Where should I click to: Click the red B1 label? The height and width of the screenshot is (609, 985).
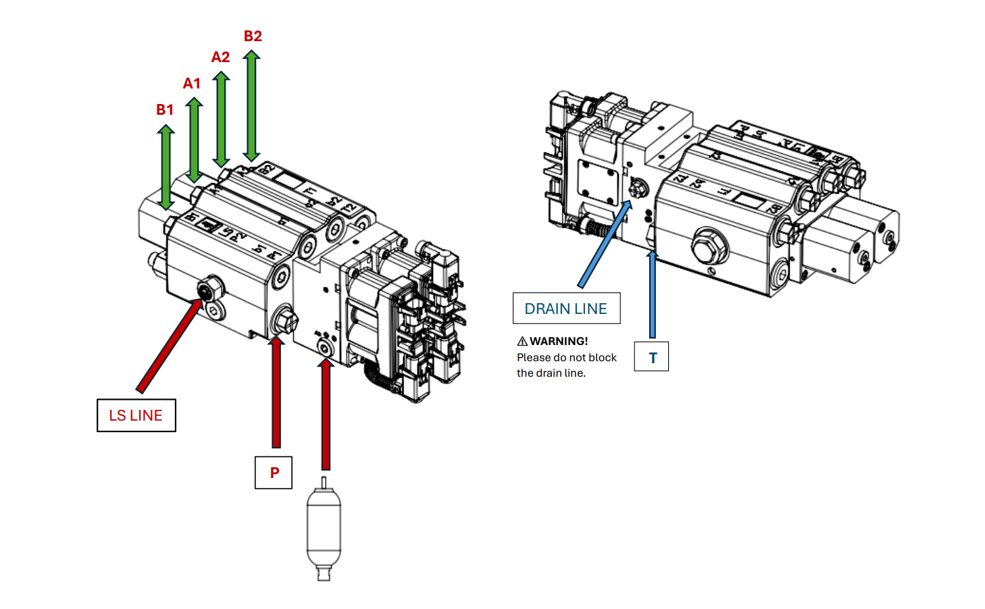(165, 109)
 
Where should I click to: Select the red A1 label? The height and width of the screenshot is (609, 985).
(192, 83)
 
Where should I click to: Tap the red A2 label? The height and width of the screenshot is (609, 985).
(220, 57)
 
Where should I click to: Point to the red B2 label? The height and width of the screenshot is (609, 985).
(253, 36)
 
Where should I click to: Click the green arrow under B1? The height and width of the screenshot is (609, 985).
(166, 167)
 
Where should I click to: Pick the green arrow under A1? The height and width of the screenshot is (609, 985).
(194, 140)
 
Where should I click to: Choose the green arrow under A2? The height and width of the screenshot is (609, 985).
(221, 119)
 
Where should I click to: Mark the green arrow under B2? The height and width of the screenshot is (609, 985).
(251, 105)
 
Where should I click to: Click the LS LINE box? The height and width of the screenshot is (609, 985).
(136, 415)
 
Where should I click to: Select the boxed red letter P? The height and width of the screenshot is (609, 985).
(274, 473)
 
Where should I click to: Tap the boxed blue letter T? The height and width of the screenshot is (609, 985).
(652, 357)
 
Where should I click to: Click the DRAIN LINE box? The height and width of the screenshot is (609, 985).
(566, 309)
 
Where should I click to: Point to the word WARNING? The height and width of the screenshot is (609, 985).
(559, 341)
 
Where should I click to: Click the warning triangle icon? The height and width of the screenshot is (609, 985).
(522, 341)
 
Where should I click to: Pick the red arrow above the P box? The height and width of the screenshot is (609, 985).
(276, 392)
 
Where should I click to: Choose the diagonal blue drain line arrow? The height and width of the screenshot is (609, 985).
(604, 243)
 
